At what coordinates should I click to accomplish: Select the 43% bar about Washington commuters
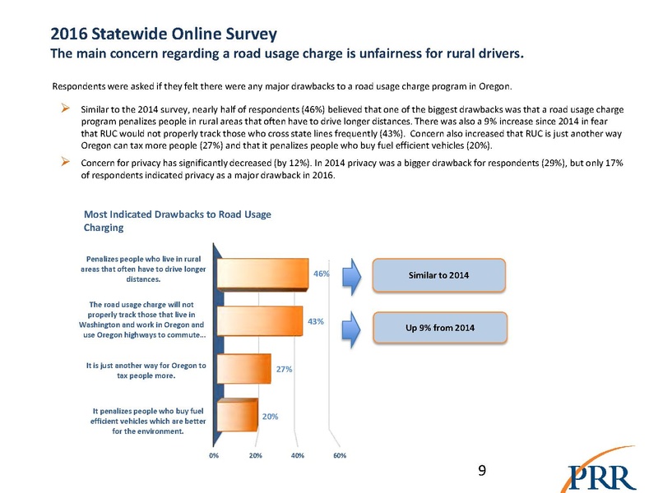tap(258, 320)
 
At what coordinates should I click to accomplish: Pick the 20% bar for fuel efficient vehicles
tap(236, 416)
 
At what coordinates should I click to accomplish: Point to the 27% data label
tap(285, 369)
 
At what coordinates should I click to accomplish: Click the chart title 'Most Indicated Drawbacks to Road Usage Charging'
tap(177, 221)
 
